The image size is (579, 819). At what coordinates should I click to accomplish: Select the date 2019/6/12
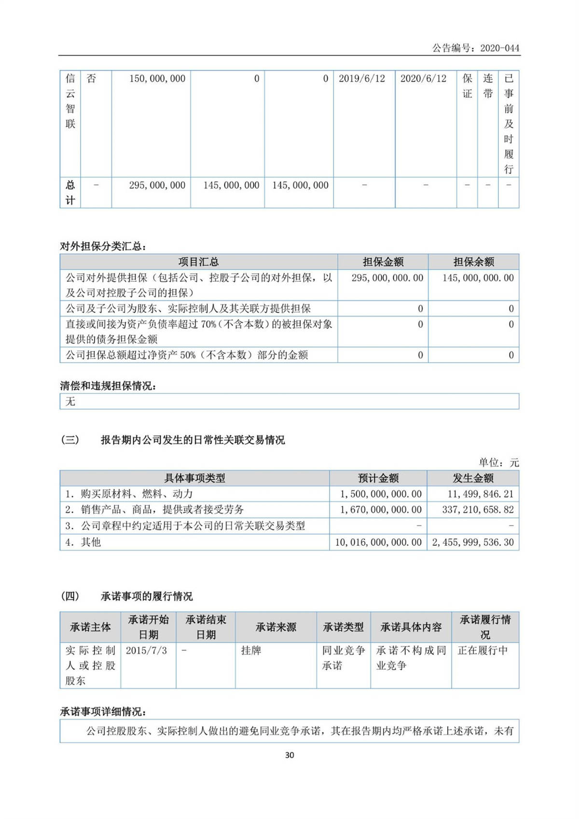point(361,79)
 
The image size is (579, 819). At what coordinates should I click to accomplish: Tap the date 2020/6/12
point(423,79)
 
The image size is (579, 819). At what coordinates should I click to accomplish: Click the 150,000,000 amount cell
point(157,79)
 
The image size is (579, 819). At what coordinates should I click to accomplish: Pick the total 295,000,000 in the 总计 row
point(157,185)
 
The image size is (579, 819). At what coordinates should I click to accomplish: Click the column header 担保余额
point(473,262)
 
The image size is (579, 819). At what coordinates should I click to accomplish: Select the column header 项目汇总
point(198,262)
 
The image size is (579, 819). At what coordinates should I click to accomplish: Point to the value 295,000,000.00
point(387,278)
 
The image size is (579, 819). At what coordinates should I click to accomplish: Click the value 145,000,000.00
point(478,278)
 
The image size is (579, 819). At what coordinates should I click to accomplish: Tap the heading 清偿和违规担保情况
point(108,386)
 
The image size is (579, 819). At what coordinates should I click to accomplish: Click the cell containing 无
point(71,402)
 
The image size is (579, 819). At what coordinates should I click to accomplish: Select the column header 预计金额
point(378,478)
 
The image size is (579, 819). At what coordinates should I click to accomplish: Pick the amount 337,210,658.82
point(478,510)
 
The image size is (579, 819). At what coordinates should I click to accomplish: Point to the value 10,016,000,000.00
point(378,542)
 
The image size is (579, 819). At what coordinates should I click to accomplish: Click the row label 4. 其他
point(83,542)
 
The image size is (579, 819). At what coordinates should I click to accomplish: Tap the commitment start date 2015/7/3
point(146,651)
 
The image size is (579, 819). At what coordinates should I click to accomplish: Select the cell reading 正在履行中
point(482,651)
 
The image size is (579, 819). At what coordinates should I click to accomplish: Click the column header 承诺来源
point(276,627)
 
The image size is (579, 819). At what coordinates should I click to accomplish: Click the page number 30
point(289,755)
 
